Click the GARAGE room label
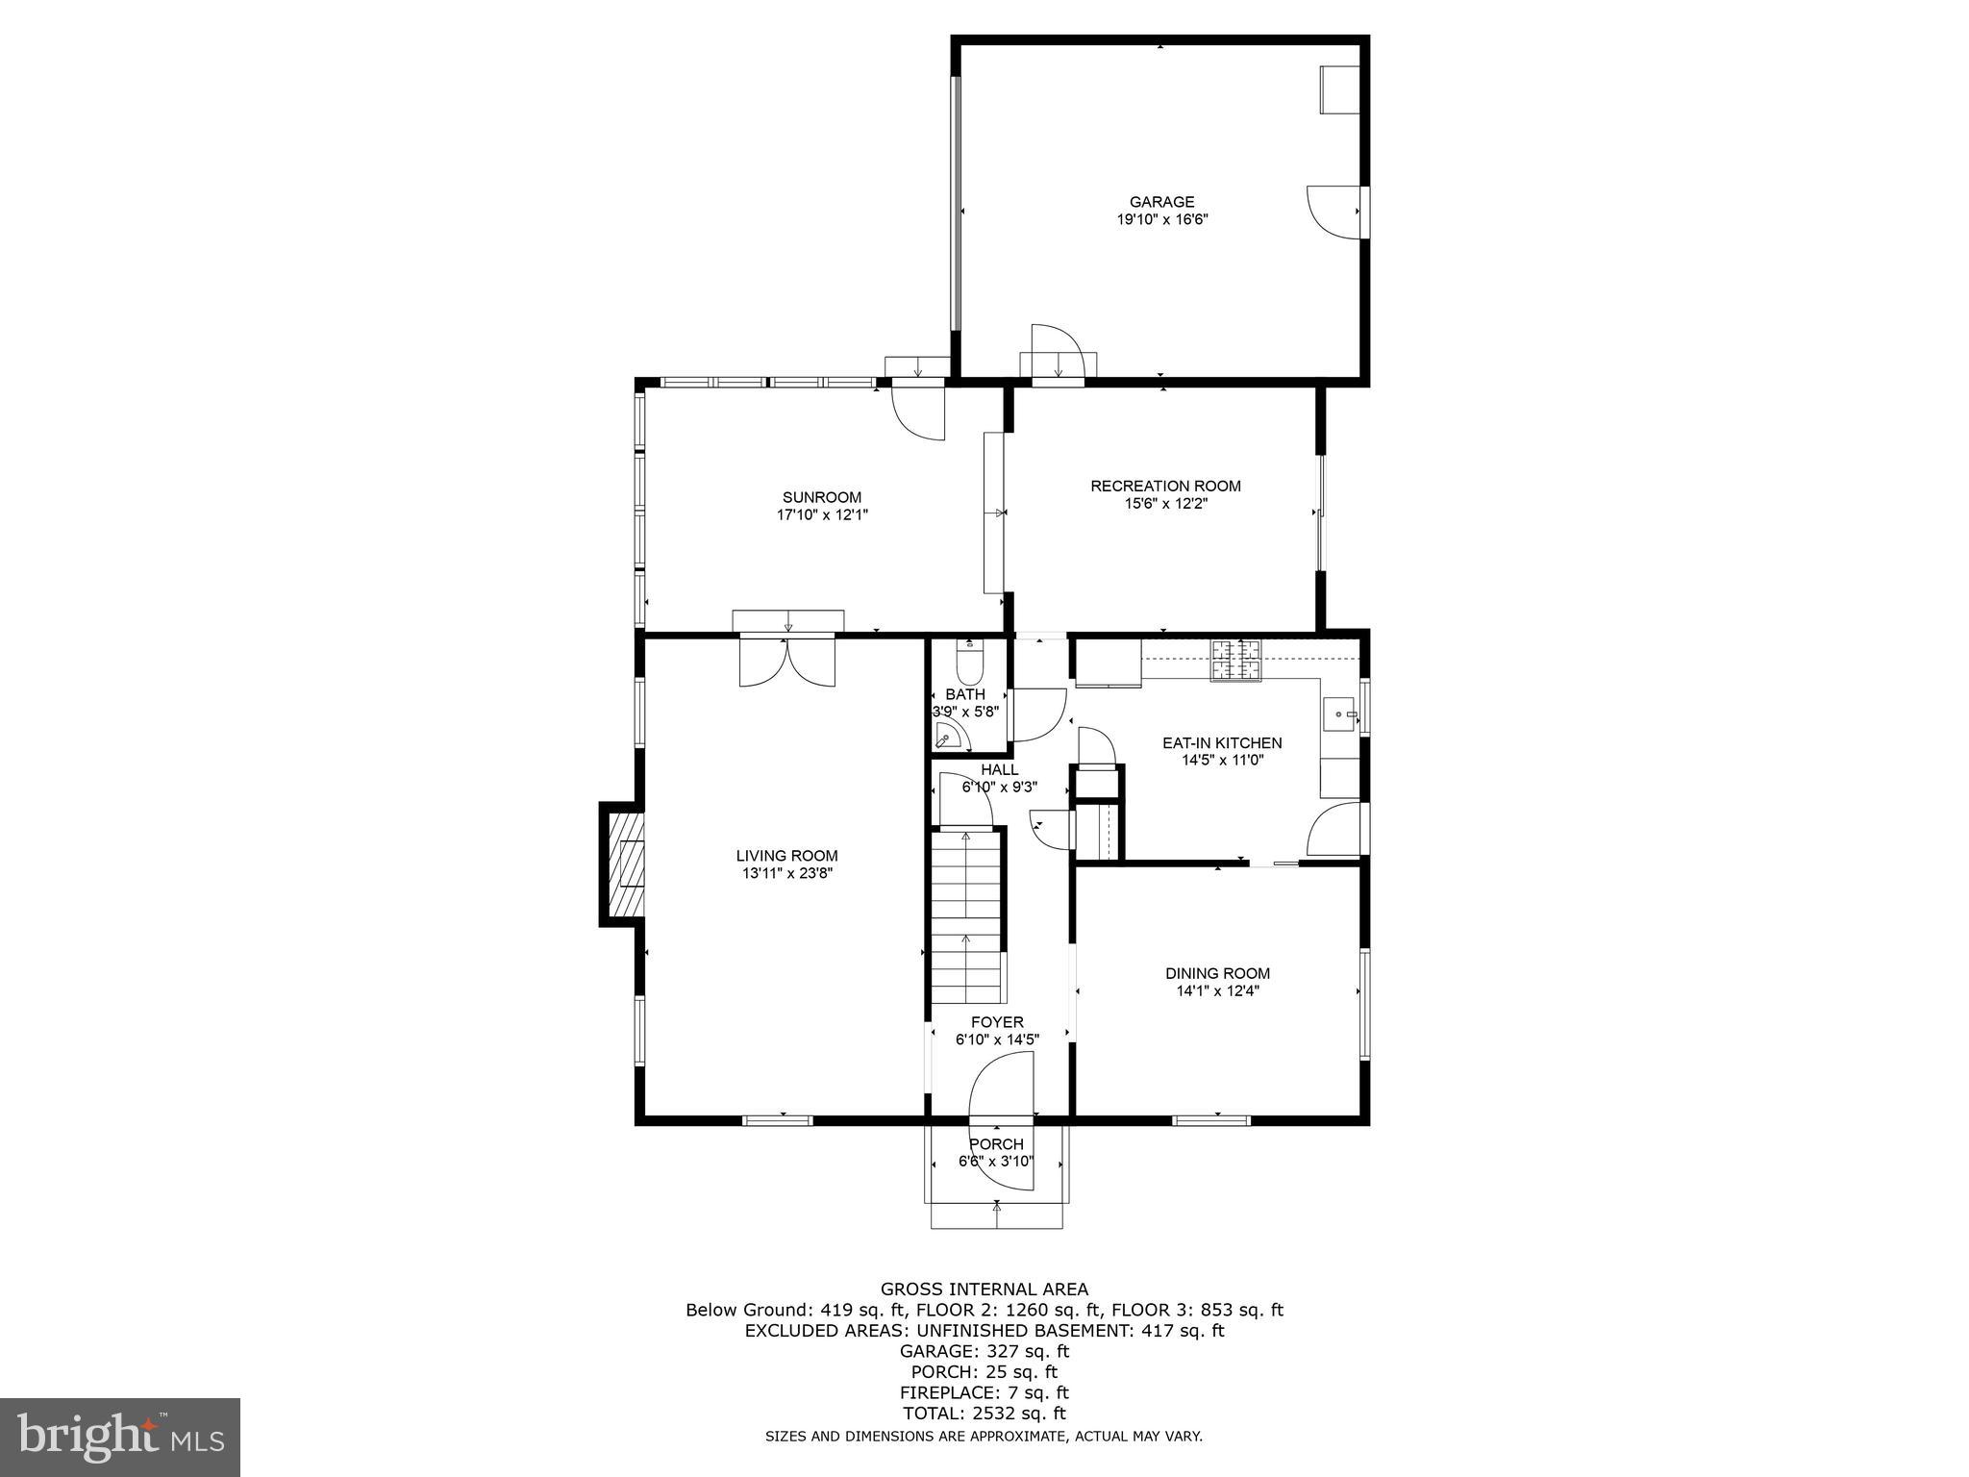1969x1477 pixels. (x=1161, y=202)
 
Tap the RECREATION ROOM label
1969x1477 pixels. (x=1165, y=486)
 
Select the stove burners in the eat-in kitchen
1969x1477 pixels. (x=1235, y=660)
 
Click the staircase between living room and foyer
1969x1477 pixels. (x=966, y=918)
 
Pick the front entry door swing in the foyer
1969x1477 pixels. (x=1000, y=1087)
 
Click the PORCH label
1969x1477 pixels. (x=996, y=1144)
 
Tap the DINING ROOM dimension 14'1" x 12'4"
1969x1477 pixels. (x=1217, y=990)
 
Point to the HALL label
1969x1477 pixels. (x=999, y=769)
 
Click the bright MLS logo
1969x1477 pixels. (x=119, y=1437)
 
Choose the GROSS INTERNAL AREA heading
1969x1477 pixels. (x=984, y=1289)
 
